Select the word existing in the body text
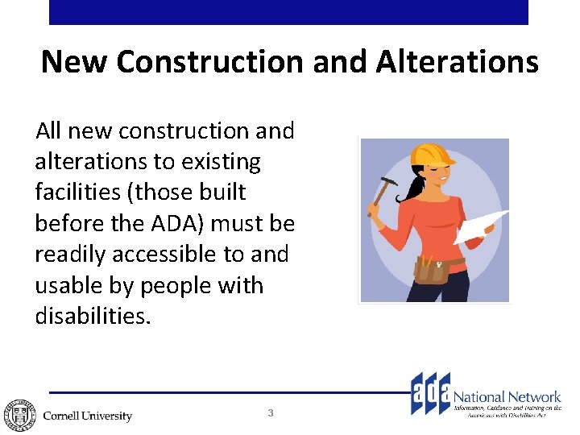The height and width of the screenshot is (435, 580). pyautogui.click(x=221, y=161)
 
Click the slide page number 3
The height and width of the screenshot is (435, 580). pyautogui.click(x=271, y=413)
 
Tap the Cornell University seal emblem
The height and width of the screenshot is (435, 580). pyautogui.click(x=19, y=414)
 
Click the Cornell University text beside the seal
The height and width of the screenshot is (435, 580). pyautogui.click(x=87, y=416)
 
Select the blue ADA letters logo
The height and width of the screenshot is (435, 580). pyautogui.click(x=431, y=393)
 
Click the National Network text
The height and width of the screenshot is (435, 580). pyautogui.click(x=507, y=396)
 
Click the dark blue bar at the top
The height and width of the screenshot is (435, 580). pyautogui.click(x=288, y=12)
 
